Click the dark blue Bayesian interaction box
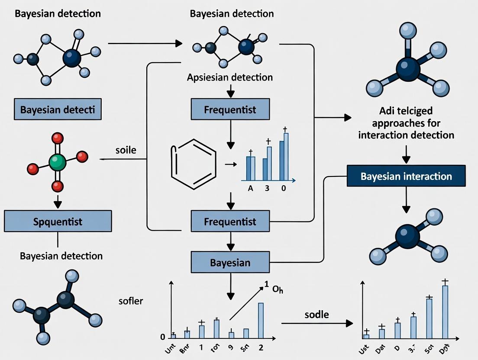click(406, 177)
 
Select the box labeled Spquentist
click(58, 222)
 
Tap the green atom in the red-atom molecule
click(58, 162)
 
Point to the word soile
click(126, 151)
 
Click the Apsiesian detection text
click(230, 78)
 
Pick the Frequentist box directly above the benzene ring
click(230, 109)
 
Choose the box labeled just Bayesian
click(230, 263)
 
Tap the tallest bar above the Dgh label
click(445, 312)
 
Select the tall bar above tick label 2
click(261, 320)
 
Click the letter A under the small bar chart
click(250, 189)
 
